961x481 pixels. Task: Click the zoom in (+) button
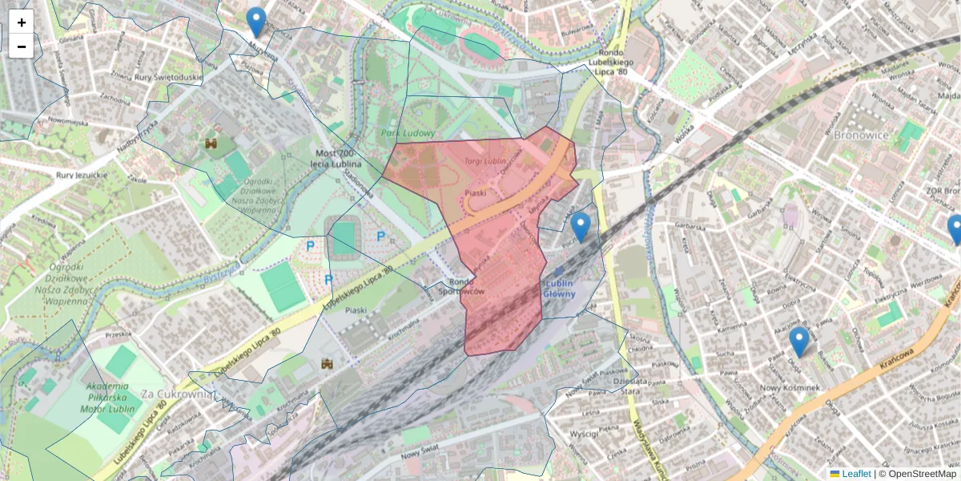pos(22,22)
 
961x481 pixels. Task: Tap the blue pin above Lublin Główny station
pos(581,226)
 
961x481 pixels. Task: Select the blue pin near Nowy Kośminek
pos(798,342)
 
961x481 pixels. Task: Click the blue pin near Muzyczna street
pos(256,22)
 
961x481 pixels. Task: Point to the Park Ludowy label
pos(408,134)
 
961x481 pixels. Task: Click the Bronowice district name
pos(861,135)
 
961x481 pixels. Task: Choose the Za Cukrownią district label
pos(175,394)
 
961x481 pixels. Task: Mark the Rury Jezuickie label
pos(81,175)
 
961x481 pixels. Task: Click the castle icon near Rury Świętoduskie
pos(212,143)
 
